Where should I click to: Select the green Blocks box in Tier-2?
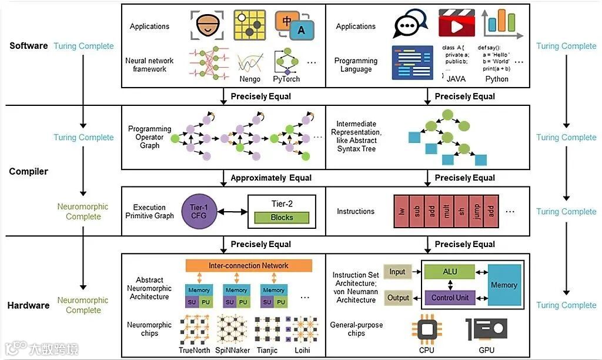(x=282, y=217)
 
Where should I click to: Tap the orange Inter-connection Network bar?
(x=249, y=266)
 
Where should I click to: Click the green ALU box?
(x=449, y=272)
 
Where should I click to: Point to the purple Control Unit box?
(x=449, y=298)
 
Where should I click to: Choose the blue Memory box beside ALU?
(x=504, y=285)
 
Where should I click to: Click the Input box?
(x=397, y=272)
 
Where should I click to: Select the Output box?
(x=398, y=298)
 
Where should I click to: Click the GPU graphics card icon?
(x=486, y=329)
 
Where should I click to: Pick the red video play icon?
(x=456, y=24)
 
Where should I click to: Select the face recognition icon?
(x=208, y=25)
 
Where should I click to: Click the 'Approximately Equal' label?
(x=271, y=178)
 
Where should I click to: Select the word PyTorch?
(x=286, y=79)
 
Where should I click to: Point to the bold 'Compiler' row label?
(x=28, y=172)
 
